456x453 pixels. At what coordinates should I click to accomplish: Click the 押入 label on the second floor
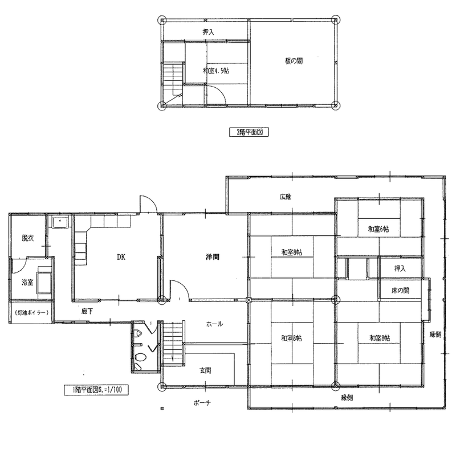tap(208, 32)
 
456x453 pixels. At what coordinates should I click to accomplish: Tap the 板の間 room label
tap(294, 61)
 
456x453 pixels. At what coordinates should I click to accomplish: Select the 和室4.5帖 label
tap(216, 70)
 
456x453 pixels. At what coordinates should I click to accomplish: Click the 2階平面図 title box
tap(249, 132)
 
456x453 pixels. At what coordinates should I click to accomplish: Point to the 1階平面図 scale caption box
tap(96, 390)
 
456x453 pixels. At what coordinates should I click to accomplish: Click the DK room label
tap(121, 257)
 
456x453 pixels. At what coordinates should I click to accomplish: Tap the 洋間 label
tap(212, 257)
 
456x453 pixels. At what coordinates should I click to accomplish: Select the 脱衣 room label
tap(27, 238)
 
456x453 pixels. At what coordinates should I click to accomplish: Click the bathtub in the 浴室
tap(44, 281)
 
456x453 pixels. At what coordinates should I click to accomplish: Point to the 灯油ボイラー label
tap(31, 313)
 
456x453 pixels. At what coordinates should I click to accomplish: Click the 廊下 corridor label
tap(87, 311)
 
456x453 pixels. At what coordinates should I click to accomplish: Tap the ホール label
tap(214, 324)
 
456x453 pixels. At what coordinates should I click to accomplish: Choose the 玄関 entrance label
tap(205, 370)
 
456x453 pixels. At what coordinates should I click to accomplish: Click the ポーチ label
tap(202, 403)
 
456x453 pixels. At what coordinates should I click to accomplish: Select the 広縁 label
tap(286, 197)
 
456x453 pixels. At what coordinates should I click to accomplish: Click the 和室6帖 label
tap(378, 229)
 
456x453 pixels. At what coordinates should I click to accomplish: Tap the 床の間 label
tap(400, 290)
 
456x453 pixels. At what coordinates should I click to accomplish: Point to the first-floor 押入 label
tap(400, 268)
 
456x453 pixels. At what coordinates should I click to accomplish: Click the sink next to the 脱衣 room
tap(60, 222)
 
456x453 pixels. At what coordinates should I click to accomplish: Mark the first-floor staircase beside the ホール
tap(173, 342)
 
